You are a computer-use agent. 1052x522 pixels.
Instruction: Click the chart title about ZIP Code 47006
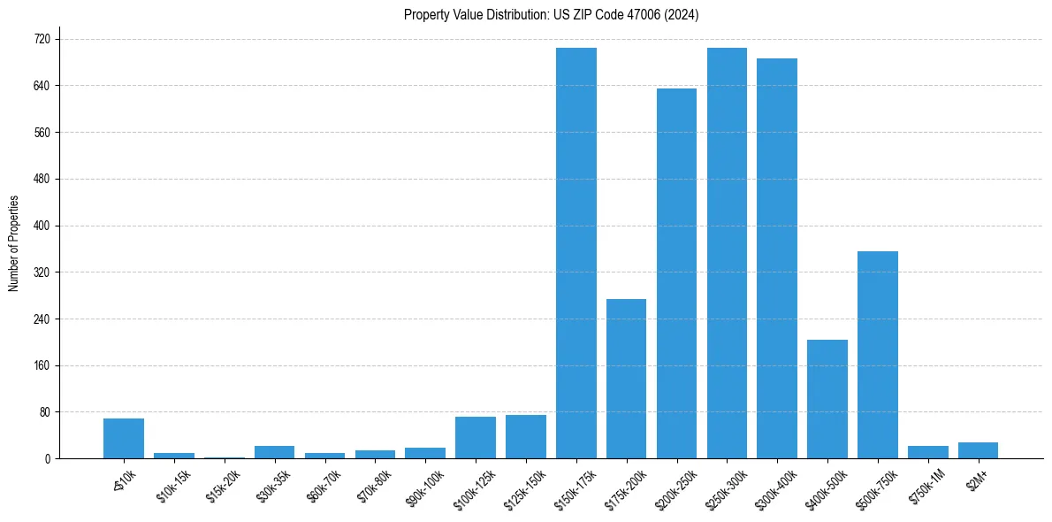pyautogui.click(x=551, y=14)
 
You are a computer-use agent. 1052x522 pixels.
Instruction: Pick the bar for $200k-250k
pyautogui.click(x=676, y=273)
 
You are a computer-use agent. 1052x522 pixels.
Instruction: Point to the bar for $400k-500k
pyautogui.click(x=827, y=399)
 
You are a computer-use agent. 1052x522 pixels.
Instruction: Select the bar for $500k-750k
pyautogui.click(x=878, y=355)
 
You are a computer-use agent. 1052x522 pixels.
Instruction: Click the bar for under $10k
pyautogui.click(x=124, y=439)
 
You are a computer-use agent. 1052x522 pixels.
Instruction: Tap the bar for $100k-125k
pyautogui.click(x=476, y=438)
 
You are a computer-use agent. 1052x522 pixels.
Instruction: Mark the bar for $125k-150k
pyautogui.click(x=526, y=437)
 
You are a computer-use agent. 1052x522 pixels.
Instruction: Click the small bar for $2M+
pyautogui.click(x=978, y=450)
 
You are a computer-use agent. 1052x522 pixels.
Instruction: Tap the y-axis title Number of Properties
pyautogui.click(x=13, y=243)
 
